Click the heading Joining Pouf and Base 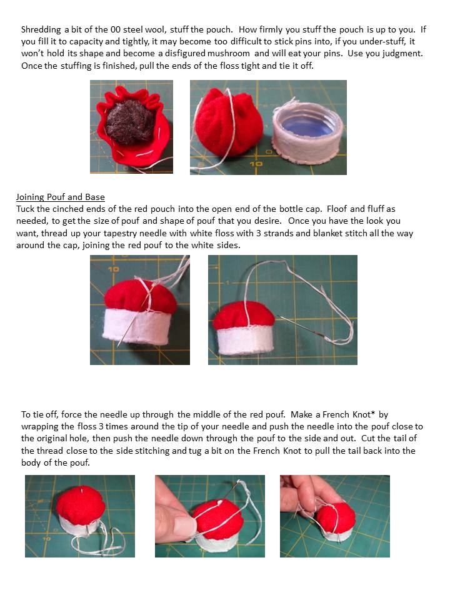point(61,197)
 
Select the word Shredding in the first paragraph point(41,30)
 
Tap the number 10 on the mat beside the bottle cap point(256,164)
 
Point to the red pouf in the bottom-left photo point(81,505)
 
